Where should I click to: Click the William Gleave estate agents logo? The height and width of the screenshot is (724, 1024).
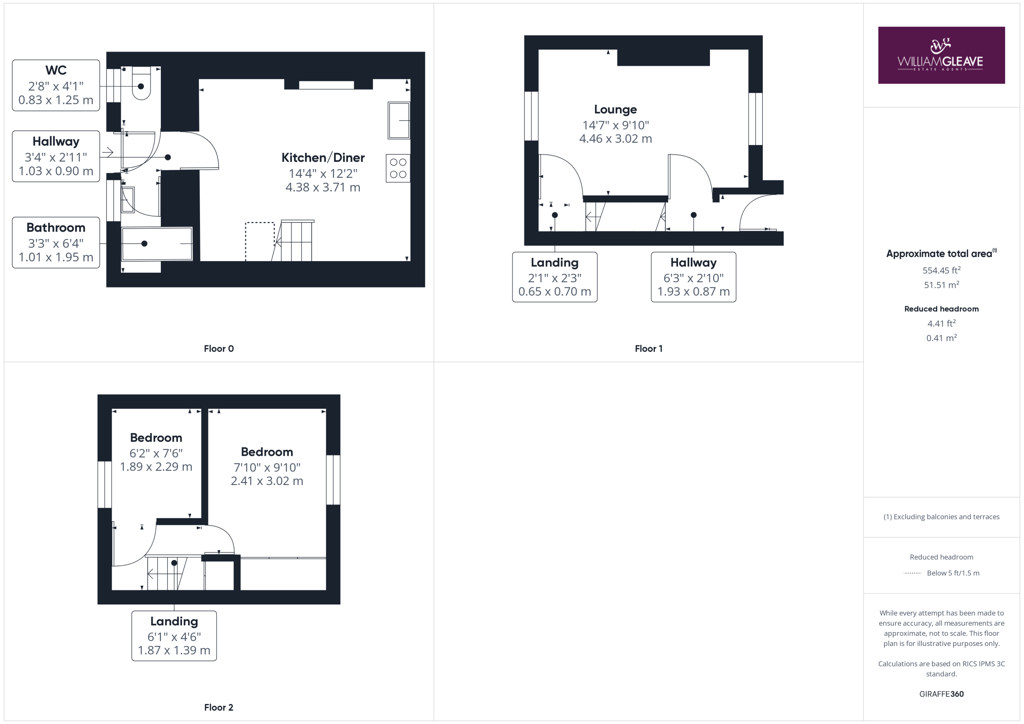941,55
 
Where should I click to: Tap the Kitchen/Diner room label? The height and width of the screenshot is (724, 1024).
323,158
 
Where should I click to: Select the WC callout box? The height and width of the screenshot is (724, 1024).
56,85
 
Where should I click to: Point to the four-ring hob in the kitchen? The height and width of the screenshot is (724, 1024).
398,168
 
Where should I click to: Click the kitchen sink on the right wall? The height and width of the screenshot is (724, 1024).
399,120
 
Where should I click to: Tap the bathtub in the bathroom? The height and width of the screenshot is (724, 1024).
157,244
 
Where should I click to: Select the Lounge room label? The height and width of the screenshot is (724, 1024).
616,109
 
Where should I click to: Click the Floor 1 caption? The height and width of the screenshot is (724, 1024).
648,349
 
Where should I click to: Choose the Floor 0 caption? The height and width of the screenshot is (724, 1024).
218,349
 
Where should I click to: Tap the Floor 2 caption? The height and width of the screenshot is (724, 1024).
218,708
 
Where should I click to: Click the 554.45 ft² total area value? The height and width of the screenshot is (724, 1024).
942,270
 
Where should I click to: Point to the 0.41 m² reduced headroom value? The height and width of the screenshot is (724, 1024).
942,338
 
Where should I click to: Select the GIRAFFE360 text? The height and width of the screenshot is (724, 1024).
942,694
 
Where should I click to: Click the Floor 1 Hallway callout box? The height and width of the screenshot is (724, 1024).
694,277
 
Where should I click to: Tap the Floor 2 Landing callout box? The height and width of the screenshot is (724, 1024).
174,636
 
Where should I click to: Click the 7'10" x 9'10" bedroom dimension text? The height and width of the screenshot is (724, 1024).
267,467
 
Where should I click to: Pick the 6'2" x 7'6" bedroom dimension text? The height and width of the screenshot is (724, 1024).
156,453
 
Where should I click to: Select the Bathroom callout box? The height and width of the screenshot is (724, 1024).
56,243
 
